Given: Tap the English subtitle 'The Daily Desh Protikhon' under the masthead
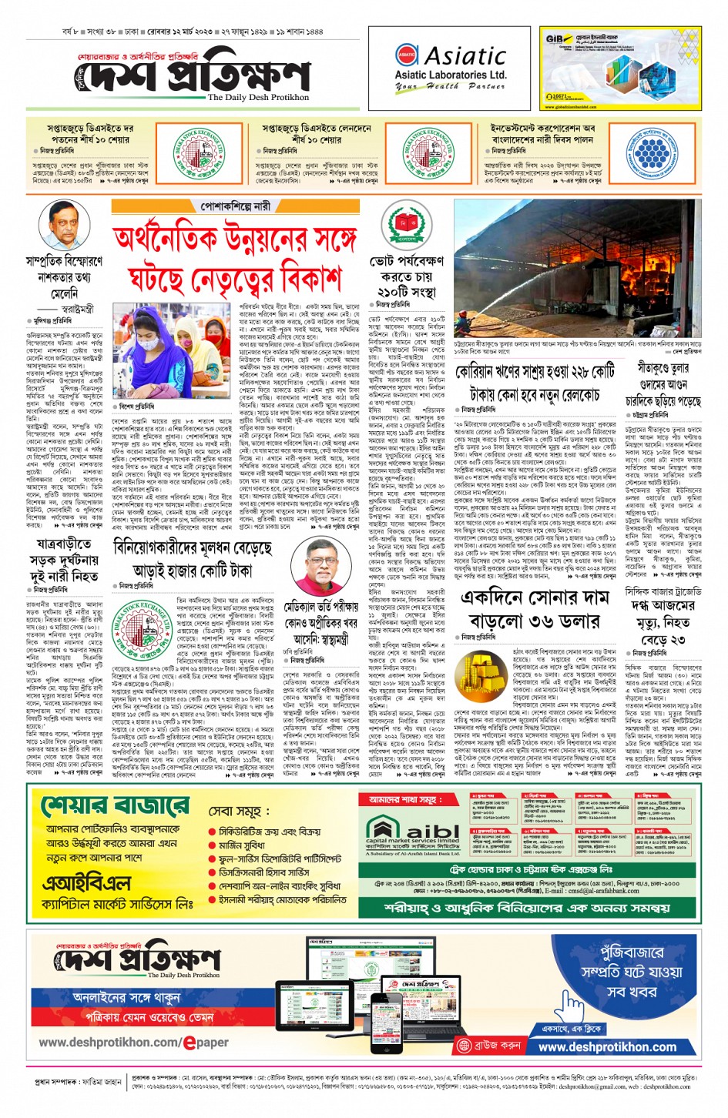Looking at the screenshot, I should [x=258, y=98].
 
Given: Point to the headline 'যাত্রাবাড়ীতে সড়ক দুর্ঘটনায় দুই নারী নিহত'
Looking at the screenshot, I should [x=64, y=561].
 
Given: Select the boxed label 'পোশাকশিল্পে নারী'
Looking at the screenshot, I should [x=235, y=206].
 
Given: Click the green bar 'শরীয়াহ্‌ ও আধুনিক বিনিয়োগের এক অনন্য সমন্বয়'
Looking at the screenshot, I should [x=528, y=908].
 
